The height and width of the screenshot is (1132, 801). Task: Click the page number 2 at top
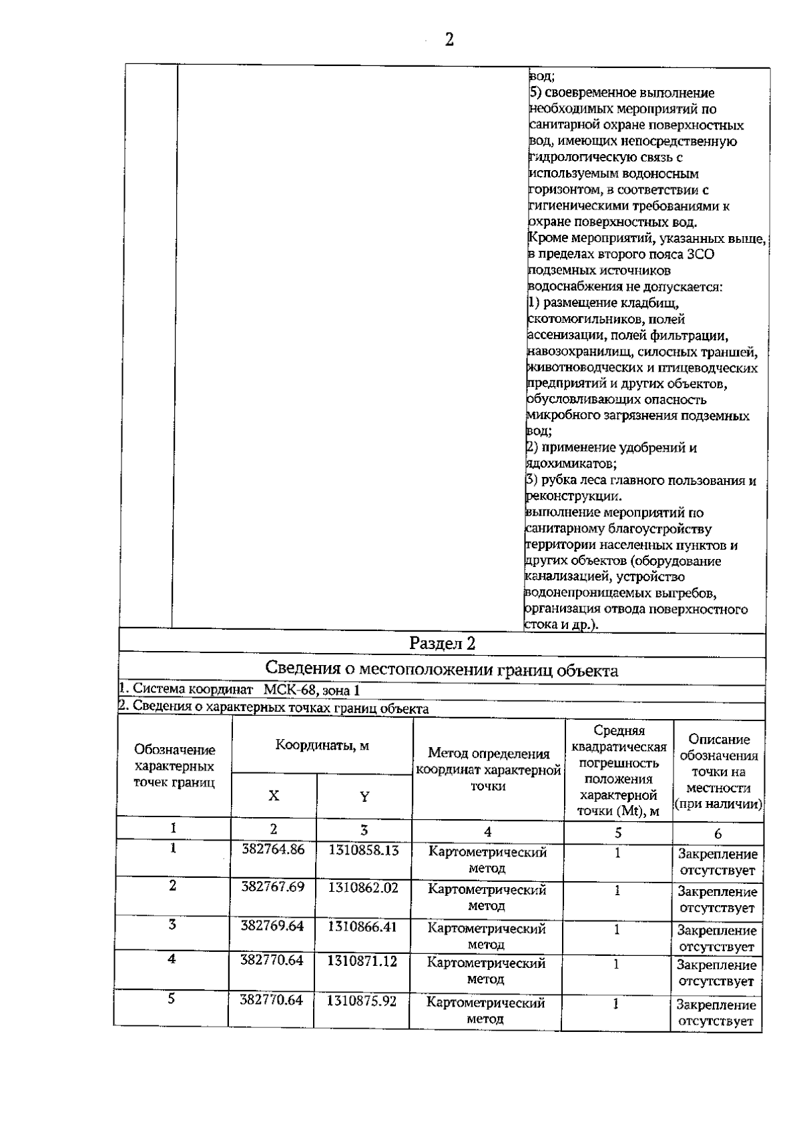[449, 40]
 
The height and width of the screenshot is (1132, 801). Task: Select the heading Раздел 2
[442, 644]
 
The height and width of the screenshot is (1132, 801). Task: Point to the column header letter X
[274, 796]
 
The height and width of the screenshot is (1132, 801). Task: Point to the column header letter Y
[364, 796]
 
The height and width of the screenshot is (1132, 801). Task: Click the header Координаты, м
[322, 746]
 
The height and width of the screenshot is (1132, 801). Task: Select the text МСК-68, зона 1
[312, 690]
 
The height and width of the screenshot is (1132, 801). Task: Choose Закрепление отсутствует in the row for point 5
[717, 1013]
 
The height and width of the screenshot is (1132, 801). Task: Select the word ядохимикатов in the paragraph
[569, 463]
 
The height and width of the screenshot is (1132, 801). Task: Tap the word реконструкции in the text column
[573, 496]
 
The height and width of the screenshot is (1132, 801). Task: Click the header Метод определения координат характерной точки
[487, 770]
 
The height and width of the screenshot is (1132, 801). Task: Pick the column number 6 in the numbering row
[718, 833]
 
